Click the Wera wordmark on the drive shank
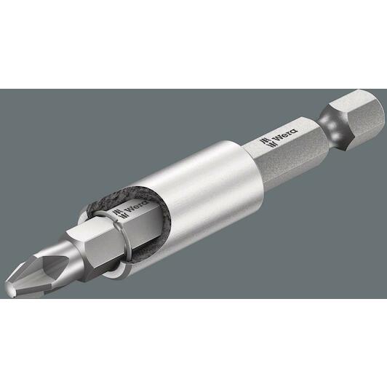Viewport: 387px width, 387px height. pos(287,135)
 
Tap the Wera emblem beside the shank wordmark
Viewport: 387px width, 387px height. pos(266,143)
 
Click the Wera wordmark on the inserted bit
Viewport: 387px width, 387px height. pos(137,207)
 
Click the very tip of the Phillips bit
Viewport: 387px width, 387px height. pos(8,292)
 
